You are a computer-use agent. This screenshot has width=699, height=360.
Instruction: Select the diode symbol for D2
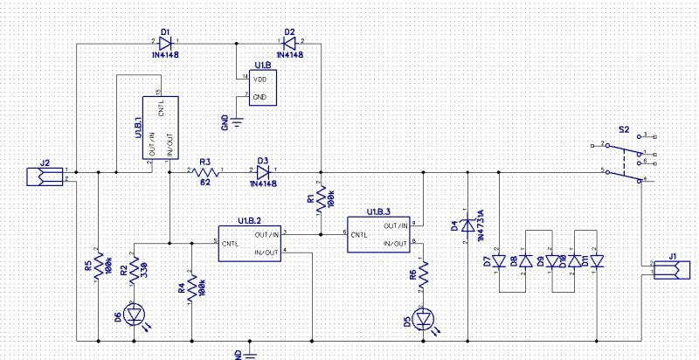(x=289, y=43)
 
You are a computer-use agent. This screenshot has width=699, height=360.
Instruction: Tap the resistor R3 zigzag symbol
(x=205, y=171)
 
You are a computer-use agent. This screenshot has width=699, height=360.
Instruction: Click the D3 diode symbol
(x=263, y=171)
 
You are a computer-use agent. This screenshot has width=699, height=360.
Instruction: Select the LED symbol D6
(x=134, y=314)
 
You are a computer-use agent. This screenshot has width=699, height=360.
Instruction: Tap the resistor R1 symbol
(x=321, y=198)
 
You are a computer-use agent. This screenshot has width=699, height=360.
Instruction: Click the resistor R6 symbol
(x=423, y=275)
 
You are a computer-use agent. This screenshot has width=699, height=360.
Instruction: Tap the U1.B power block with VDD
(x=260, y=88)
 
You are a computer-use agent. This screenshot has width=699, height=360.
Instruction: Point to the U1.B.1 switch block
(x=161, y=128)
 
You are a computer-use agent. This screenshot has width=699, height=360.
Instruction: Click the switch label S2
(x=624, y=129)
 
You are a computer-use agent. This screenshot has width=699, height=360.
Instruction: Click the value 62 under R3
(x=204, y=183)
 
